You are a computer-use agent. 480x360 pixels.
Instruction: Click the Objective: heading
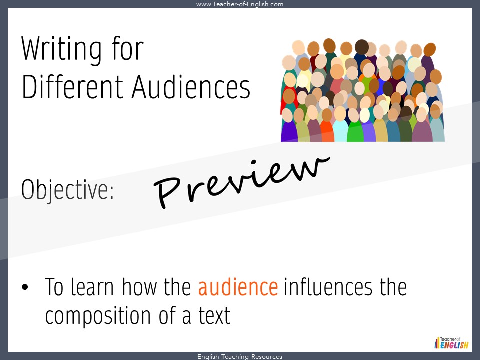click(x=68, y=190)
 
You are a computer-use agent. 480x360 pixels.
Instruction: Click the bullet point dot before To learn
click(x=25, y=289)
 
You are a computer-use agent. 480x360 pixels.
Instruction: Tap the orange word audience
click(x=238, y=287)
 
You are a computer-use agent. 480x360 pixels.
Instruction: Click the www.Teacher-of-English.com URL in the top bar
click(x=240, y=4)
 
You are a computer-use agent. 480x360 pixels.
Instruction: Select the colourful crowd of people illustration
click(x=362, y=91)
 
